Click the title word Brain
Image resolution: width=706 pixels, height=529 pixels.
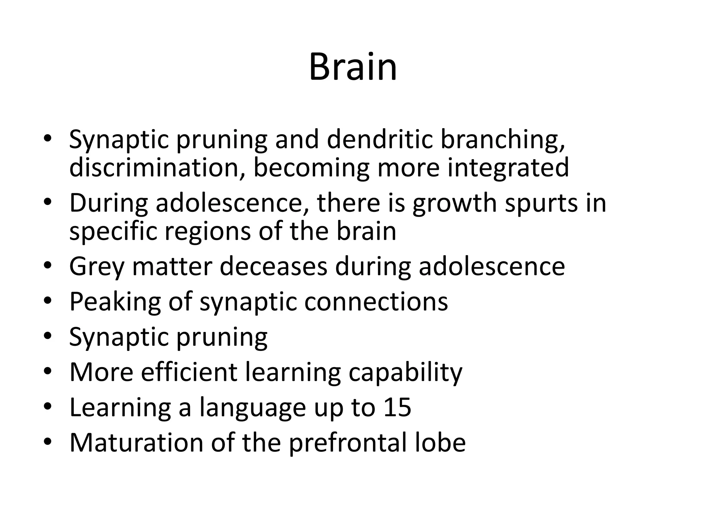pyautogui.click(x=353, y=67)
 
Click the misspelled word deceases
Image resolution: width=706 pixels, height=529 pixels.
pyautogui.click(x=273, y=267)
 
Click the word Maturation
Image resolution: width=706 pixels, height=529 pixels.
pyautogui.click(x=136, y=443)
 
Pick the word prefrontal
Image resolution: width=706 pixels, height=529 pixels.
pyautogui.click(x=348, y=444)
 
